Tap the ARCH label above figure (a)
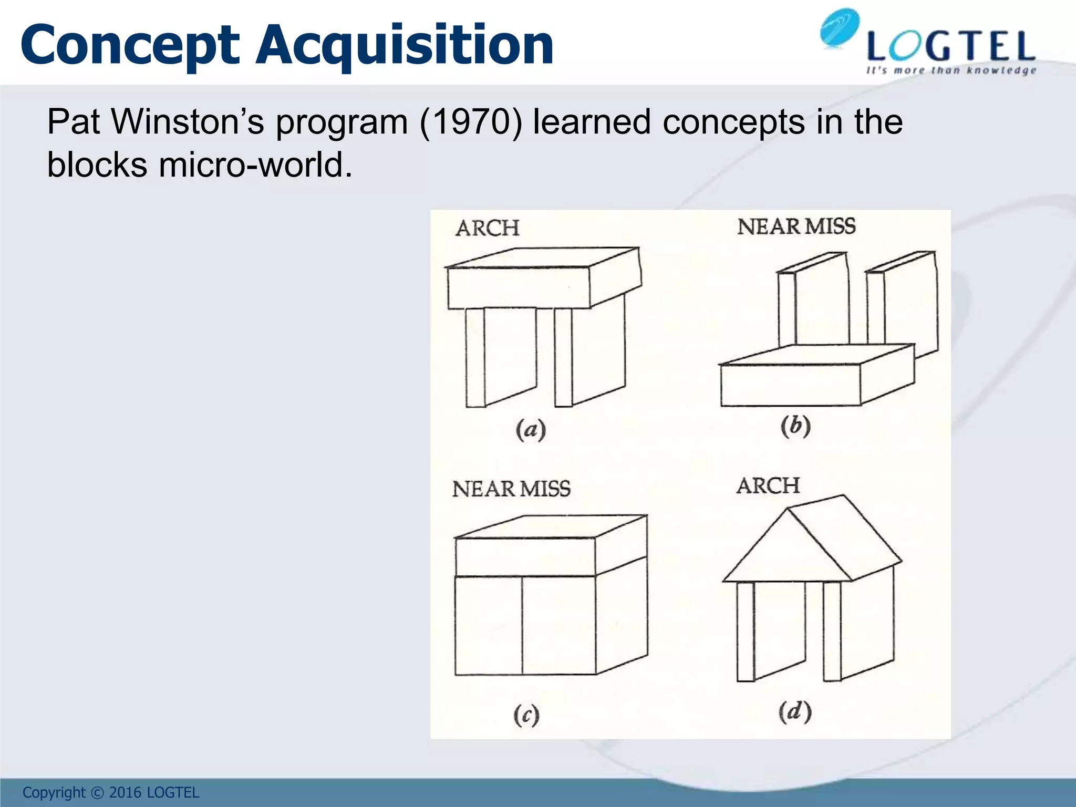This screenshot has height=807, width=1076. [x=488, y=229]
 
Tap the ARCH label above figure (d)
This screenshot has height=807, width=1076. [x=768, y=486]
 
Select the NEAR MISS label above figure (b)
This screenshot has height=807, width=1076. [x=796, y=226]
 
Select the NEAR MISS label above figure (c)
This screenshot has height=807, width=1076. [x=511, y=489]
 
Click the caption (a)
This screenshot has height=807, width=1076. [x=530, y=430]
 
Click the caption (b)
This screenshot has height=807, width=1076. [x=795, y=426]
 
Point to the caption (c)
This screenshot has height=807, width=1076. [x=526, y=716]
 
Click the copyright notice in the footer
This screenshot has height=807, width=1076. [x=111, y=793]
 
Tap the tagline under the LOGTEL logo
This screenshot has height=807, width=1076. [x=951, y=70]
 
